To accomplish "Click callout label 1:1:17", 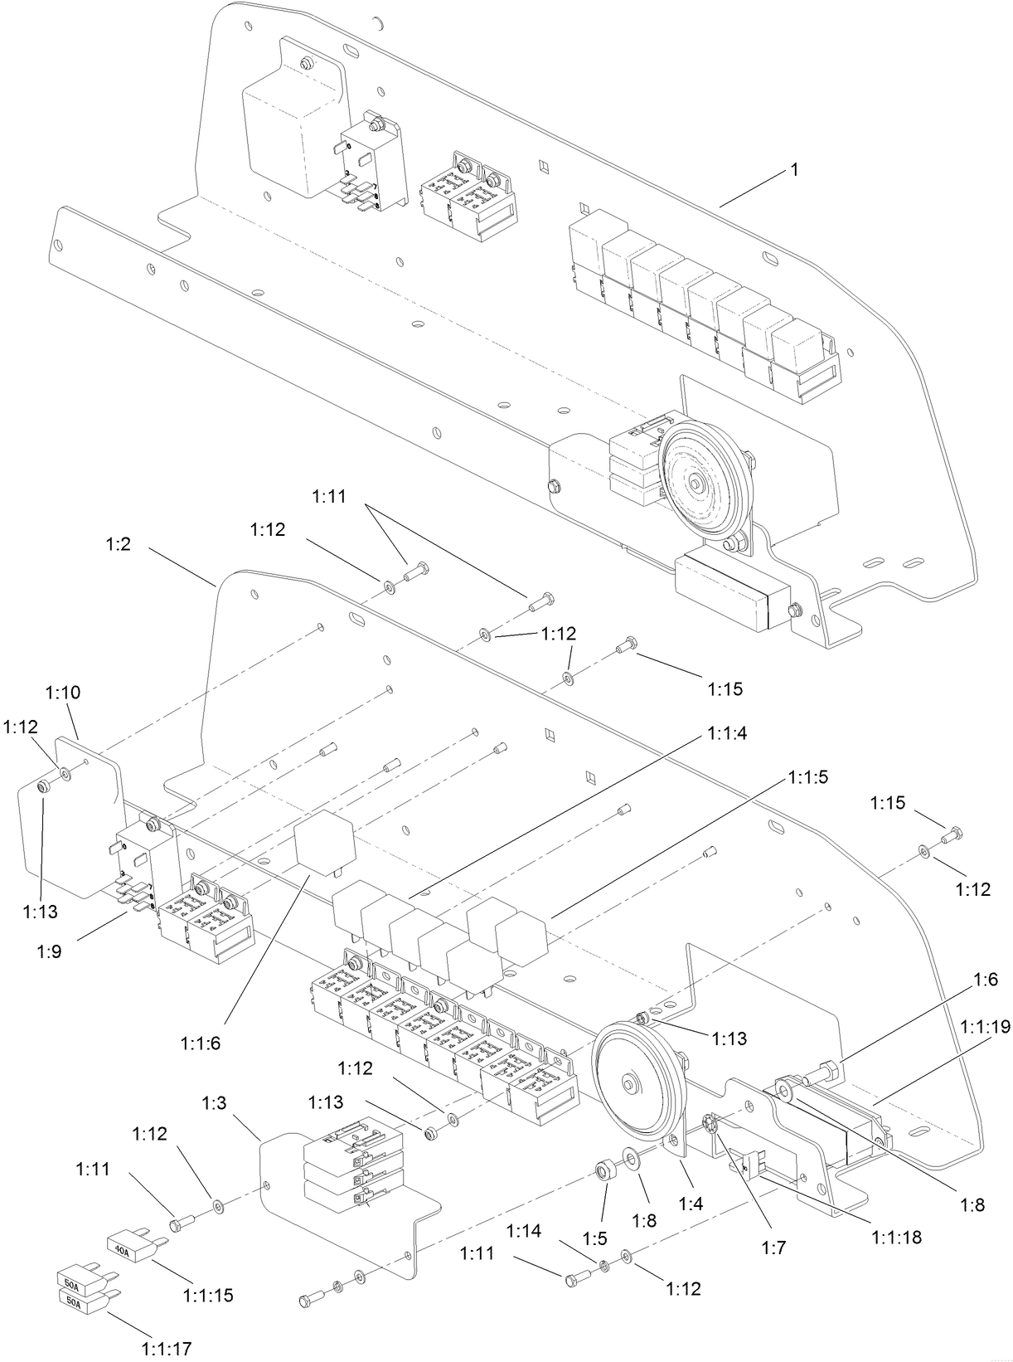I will tap(167, 1349).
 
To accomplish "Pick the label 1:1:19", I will tap(984, 1027).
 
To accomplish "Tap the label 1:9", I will tap(49, 951).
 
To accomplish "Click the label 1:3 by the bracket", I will tap(215, 1104).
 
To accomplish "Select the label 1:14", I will tap(526, 1230).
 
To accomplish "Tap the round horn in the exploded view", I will tap(632, 1083).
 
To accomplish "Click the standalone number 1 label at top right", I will tap(793, 170).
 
